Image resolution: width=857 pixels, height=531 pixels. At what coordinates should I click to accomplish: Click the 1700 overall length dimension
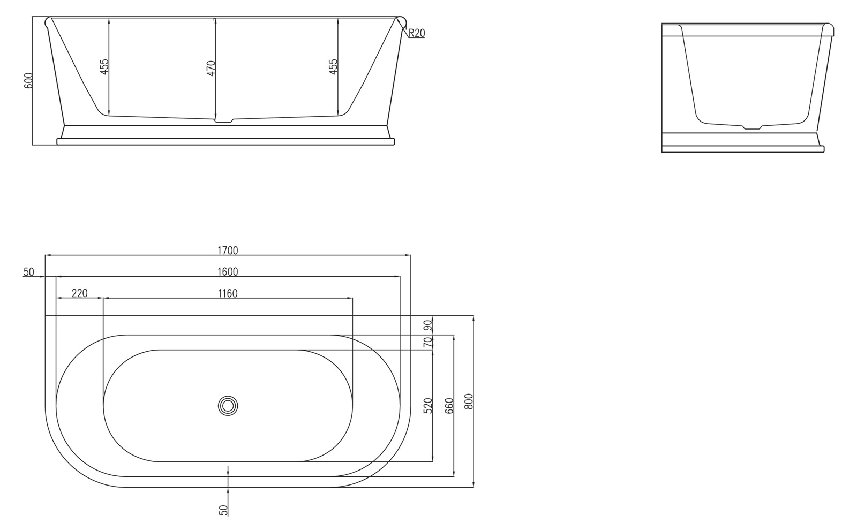pyautogui.click(x=228, y=250)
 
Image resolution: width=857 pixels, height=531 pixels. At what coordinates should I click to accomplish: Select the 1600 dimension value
pyautogui.click(x=228, y=271)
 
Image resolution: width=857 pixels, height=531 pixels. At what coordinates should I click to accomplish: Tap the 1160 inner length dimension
pyautogui.click(x=228, y=293)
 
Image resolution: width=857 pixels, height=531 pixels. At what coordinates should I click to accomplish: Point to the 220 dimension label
pyautogui.click(x=79, y=293)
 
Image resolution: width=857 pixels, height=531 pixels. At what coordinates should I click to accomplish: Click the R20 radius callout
pyautogui.click(x=416, y=33)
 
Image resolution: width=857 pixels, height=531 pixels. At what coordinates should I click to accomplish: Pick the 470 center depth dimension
pyautogui.click(x=211, y=69)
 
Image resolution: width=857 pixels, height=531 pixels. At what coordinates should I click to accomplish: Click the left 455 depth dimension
pyautogui.click(x=104, y=66)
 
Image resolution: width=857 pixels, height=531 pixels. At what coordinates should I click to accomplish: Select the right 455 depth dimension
pyautogui.click(x=333, y=66)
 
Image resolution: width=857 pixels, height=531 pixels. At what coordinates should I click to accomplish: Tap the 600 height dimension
pyautogui.click(x=29, y=80)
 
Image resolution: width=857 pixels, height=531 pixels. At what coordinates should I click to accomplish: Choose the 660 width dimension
pyautogui.click(x=449, y=405)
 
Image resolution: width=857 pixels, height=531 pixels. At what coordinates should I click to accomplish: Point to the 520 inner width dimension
pyautogui.click(x=427, y=405)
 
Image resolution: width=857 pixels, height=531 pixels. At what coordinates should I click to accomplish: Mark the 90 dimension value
pyautogui.click(x=427, y=325)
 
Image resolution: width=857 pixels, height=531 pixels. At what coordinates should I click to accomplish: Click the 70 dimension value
pyautogui.click(x=427, y=343)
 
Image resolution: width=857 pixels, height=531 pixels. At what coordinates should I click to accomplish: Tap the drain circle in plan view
pyautogui.click(x=228, y=405)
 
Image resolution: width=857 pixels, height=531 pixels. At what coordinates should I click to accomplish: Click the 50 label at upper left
pyautogui.click(x=28, y=272)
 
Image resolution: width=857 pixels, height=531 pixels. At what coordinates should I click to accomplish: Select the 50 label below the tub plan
pyautogui.click(x=224, y=510)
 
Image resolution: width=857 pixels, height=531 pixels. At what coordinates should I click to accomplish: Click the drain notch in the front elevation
pyautogui.click(x=223, y=121)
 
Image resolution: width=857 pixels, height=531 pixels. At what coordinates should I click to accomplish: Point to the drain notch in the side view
pyautogui.click(x=752, y=127)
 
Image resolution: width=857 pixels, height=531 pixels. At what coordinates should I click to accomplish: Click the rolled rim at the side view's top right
pyautogui.click(x=829, y=29)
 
